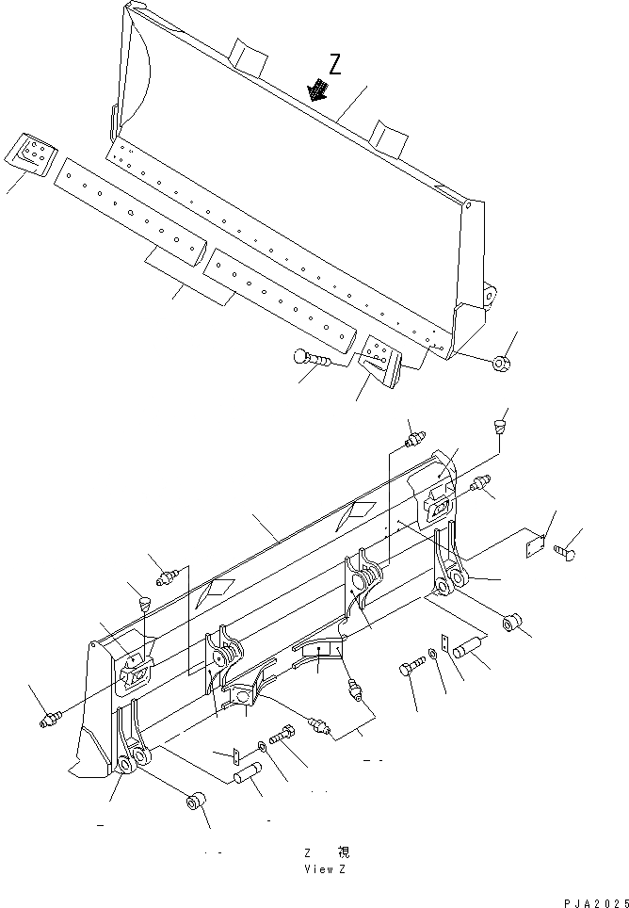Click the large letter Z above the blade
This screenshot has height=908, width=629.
[x=336, y=63]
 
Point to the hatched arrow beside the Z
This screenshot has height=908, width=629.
[x=318, y=89]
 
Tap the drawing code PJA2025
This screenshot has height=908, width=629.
[x=596, y=902]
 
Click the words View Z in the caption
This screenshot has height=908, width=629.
[x=325, y=868]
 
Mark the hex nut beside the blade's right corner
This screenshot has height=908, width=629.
[x=502, y=361]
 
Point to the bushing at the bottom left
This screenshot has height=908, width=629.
[x=194, y=803]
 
